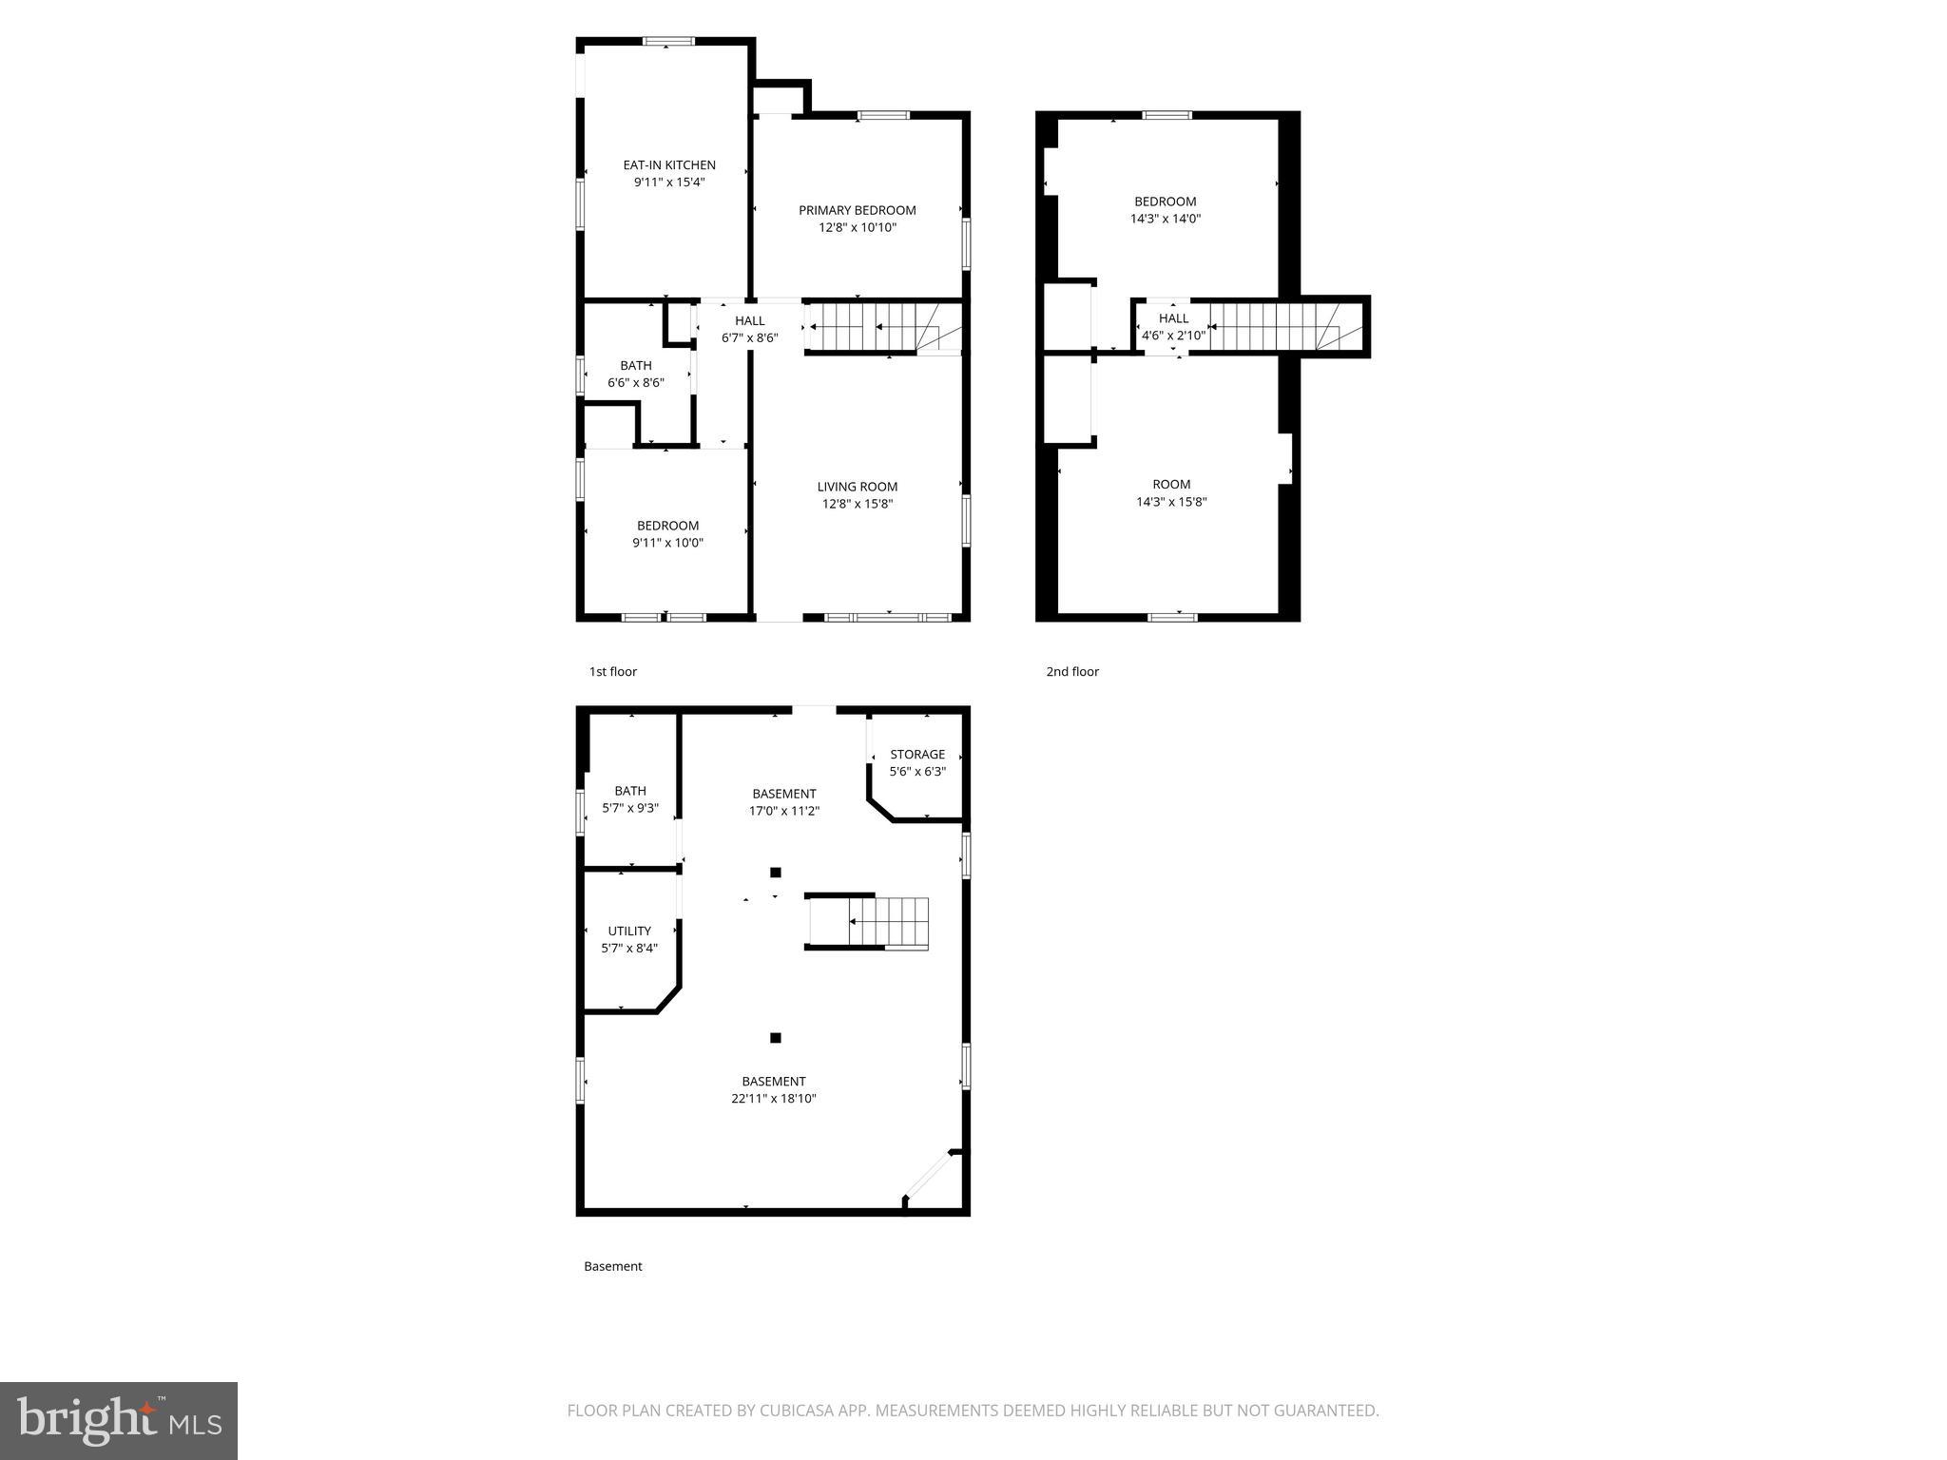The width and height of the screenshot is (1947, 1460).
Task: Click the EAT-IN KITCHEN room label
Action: click(668, 165)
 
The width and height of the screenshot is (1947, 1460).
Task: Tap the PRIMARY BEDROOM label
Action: click(857, 211)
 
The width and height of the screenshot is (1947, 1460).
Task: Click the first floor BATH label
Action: click(636, 366)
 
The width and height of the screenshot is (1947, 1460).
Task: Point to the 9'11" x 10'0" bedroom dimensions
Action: click(667, 544)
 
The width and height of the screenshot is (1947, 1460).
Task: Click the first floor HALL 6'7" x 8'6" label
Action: click(749, 329)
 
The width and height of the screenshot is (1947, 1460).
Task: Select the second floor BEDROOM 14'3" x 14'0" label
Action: click(1165, 210)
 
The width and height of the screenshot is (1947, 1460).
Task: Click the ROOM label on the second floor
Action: click(1171, 485)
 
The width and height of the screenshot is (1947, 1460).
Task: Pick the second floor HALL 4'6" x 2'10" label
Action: click(1173, 327)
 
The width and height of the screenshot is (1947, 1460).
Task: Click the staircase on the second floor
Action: click(1274, 327)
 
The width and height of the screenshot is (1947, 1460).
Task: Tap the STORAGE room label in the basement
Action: click(917, 755)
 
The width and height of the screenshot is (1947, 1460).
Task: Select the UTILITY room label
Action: click(629, 932)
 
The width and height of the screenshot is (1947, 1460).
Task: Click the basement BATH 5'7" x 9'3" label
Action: click(630, 799)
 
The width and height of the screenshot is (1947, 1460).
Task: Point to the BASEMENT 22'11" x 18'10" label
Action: click(774, 1090)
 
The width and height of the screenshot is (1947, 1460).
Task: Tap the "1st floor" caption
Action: click(613, 672)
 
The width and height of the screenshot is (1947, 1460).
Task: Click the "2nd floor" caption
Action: click(1072, 672)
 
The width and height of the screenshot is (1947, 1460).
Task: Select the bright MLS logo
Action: click(119, 1420)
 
